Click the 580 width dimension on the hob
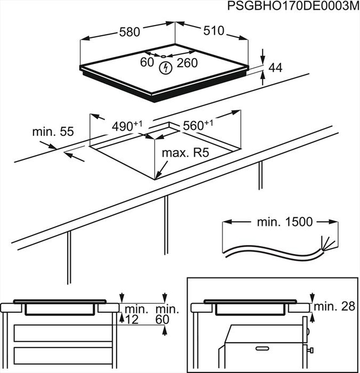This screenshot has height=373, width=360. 129,32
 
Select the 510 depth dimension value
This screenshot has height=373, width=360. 213,31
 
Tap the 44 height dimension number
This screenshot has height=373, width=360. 275,68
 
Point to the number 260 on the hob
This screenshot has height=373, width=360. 187,63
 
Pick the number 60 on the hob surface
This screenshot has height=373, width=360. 147,63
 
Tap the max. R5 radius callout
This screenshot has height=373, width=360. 185,153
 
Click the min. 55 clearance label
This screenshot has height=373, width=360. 53,132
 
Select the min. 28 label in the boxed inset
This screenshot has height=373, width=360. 334,306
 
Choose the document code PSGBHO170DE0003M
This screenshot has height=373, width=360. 293,7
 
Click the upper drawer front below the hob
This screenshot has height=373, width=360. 63,333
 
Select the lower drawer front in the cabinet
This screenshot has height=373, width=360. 63,356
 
